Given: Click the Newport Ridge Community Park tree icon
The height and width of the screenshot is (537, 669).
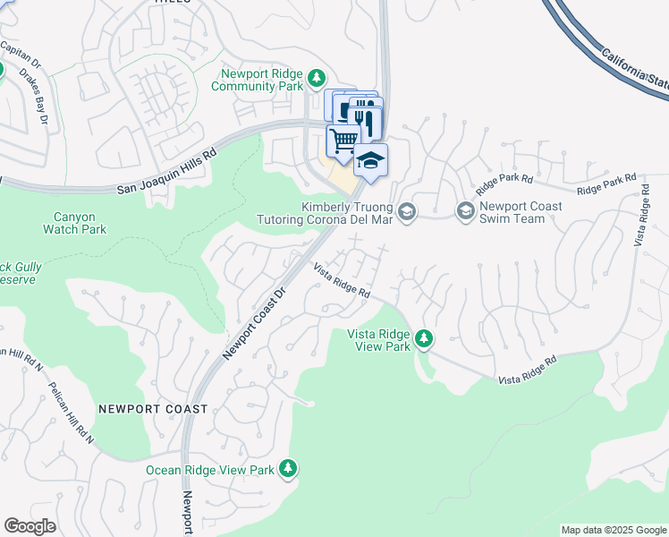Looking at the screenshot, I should (316, 79).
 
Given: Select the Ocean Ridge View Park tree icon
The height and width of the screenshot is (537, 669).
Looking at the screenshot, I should (287, 468).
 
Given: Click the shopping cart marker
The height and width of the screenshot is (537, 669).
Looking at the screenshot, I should (343, 141).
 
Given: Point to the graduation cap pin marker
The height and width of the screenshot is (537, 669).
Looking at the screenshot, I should (371, 160).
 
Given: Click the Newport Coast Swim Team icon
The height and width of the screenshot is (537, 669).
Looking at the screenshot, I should (465, 211).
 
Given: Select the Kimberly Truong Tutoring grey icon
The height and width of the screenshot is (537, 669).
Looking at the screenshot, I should (407, 211).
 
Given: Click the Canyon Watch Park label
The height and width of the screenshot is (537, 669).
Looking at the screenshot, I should (74, 223).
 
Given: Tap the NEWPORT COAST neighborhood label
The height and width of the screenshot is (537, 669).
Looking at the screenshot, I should (153, 409).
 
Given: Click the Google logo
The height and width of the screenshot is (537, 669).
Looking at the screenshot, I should (30, 526).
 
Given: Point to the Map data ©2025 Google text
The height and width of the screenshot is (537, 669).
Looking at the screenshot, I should (613, 530).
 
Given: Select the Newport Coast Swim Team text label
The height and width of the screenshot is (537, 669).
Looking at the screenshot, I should (521, 212).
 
